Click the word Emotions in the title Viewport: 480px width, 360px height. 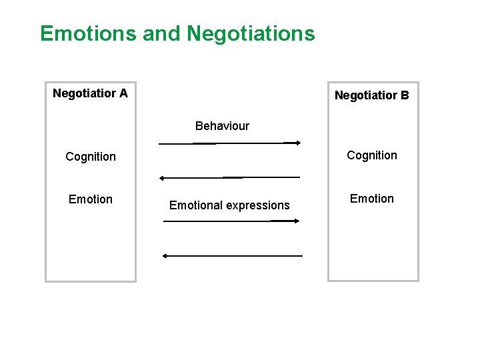point(89,33)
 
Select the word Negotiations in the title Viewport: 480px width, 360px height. point(251,33)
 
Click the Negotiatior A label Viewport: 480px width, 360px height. point(90,93)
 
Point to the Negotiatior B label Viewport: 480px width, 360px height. point(371,95)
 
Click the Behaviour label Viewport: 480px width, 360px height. point(222,126)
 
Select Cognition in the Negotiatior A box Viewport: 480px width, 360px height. point(91,157)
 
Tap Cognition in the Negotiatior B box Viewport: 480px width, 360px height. point(371,155)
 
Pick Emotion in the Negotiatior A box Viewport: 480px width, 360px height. point(91,199)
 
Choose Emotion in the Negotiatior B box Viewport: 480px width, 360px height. point(371,199)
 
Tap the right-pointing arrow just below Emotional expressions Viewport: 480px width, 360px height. point(230,221)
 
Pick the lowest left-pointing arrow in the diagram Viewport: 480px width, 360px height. point(232,255)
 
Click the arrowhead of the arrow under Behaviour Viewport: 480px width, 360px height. point(298,142)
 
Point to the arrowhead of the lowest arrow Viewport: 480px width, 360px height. point(165,255)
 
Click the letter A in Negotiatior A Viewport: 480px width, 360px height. point(123,93)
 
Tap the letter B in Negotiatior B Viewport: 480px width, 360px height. point(405,95)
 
